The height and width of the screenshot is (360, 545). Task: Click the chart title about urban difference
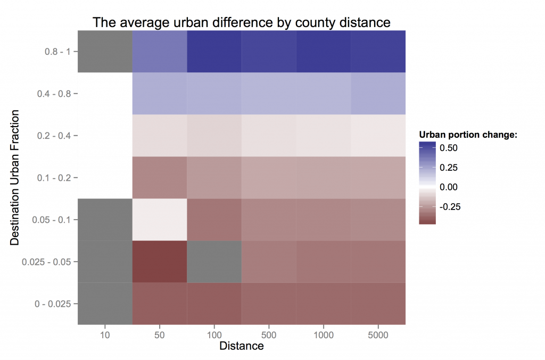(x=242, y=22)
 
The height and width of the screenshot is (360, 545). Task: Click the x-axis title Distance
(x=242, y=346)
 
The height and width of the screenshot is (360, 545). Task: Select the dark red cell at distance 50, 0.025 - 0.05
(x=160, y=262)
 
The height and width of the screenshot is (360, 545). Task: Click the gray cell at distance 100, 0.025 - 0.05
(x=214, y=262)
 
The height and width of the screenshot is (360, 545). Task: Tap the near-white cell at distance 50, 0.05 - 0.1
(x=160, y=220)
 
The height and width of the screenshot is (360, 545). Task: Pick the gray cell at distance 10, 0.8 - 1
(x=105, y=52)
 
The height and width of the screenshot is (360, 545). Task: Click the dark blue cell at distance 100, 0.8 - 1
(x=214, y=52)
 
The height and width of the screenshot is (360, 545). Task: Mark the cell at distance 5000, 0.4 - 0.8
(x=378, y=94)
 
